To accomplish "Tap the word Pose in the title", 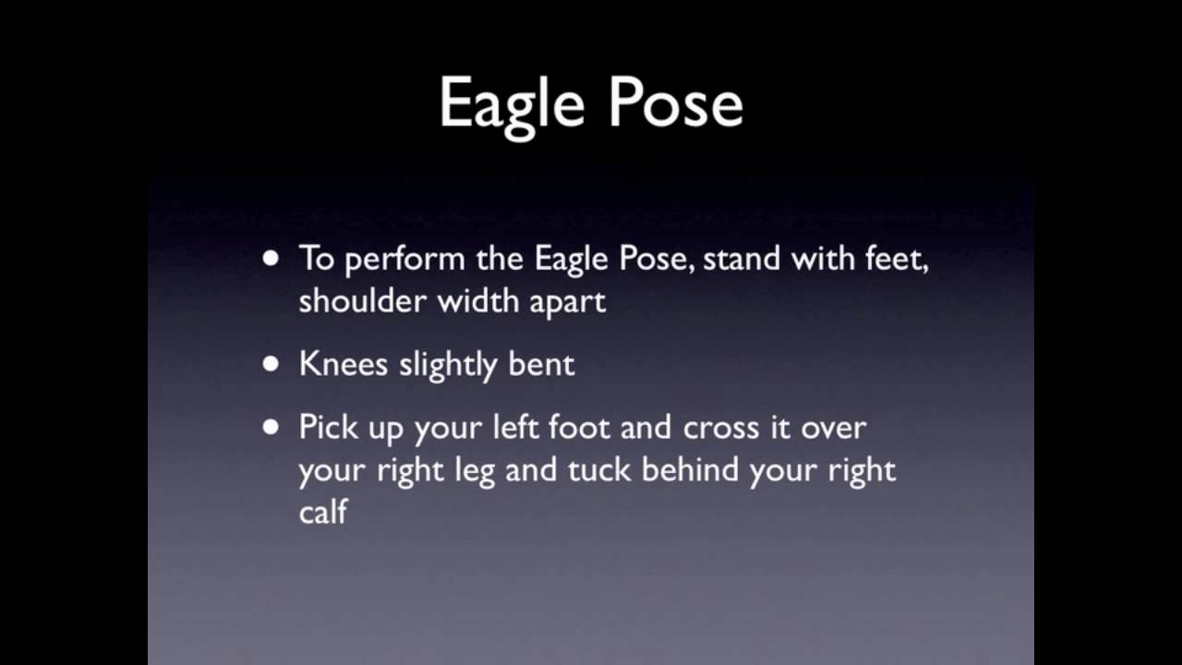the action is click(677, 102).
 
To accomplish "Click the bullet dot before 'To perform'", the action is click(271, 259).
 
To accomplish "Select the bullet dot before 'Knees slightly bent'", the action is click(271, 364).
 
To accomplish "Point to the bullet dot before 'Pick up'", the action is click(271, 427).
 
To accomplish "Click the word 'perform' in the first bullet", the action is click(405, 260).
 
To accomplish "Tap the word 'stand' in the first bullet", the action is click(742, 259).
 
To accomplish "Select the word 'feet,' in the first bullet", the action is click(897, 260).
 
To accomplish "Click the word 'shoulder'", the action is click(363, 300).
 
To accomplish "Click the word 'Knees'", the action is click(344, 364).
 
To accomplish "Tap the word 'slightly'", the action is click(449, 366).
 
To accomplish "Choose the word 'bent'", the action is click(541, 364).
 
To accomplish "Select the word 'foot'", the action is click(579, 427).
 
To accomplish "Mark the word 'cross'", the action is click(721, 429).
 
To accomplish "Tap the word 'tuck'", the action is click(599, 470).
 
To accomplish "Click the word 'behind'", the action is click(690, 469).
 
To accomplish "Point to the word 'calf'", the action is click(323, 511).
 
